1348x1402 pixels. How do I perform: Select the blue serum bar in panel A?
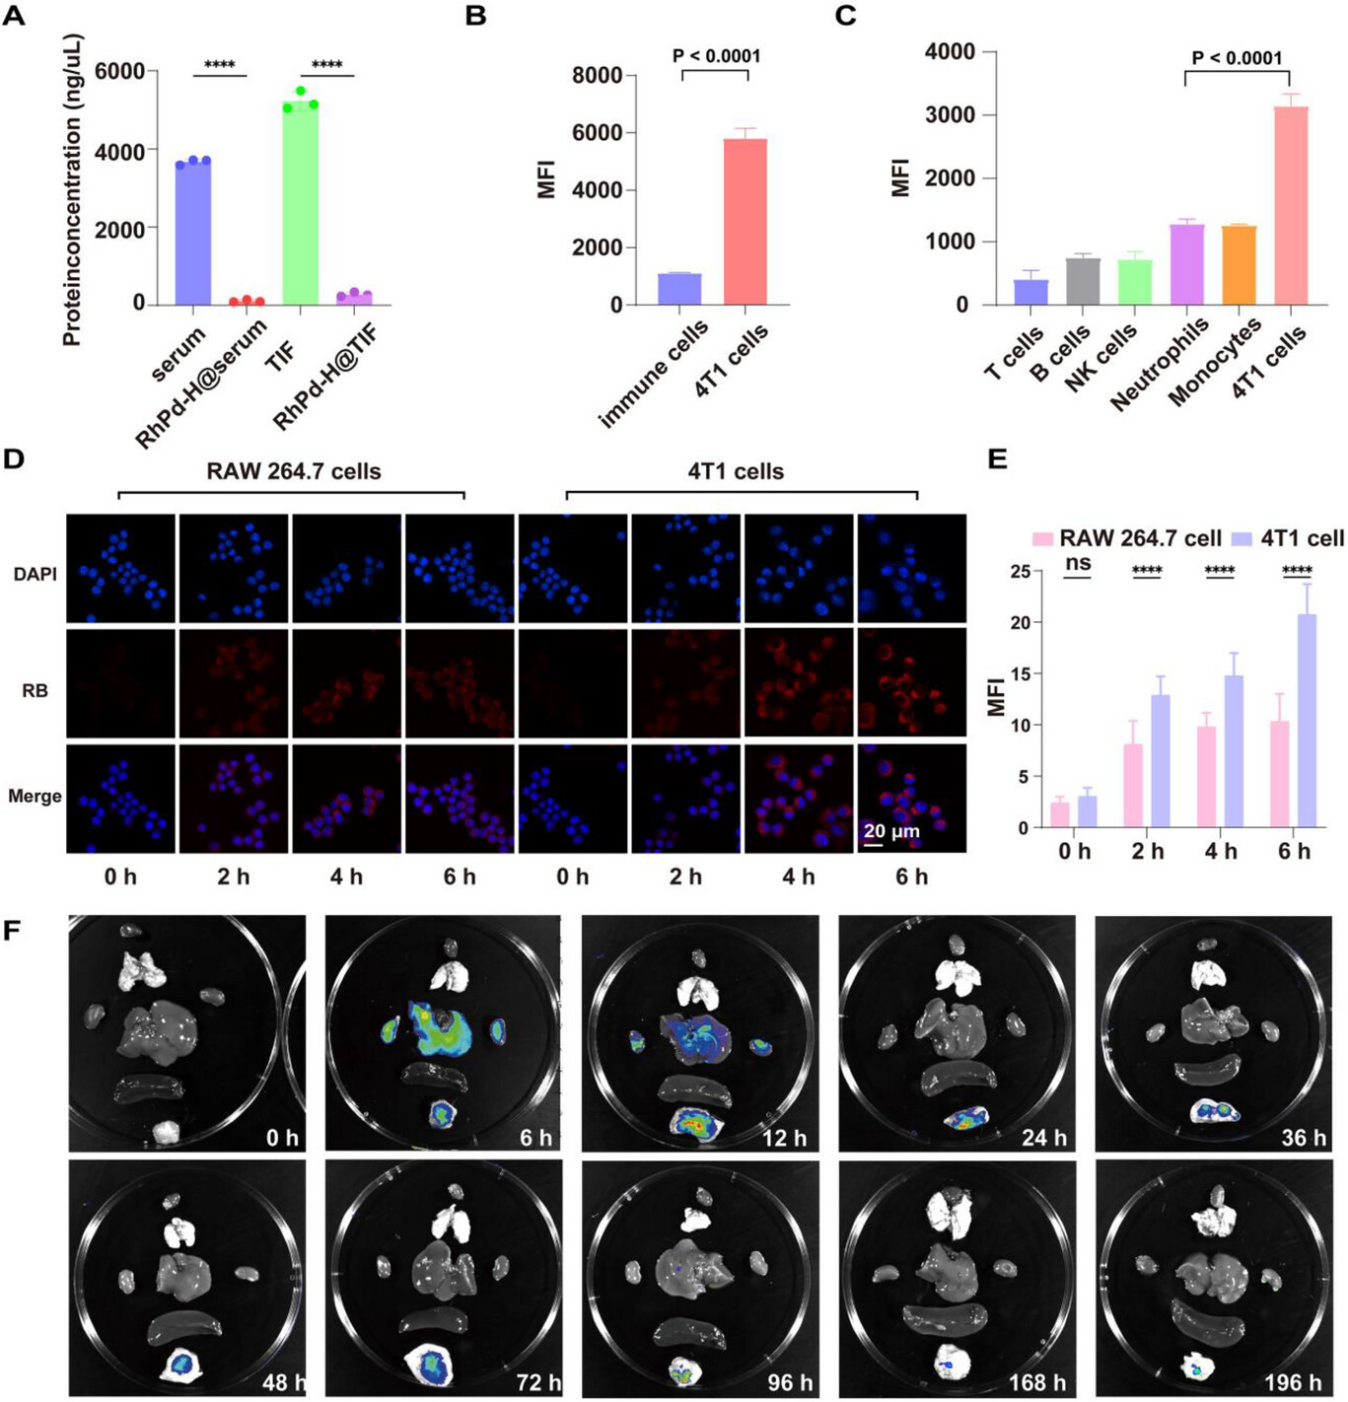[193, 233]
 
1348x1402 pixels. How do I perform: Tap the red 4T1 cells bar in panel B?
[745, 222]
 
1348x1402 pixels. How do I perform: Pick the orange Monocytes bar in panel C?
[1239, 265]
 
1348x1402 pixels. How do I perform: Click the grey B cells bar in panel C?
[1082, 281]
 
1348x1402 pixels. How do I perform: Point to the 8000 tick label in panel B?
[597, 76]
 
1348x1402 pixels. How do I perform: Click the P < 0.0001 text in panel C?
[1237, 58]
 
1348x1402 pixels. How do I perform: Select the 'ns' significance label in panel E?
[1078, 563]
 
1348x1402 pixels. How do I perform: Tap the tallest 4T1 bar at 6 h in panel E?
[1307, 720]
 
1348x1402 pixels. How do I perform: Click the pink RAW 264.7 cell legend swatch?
[1042, 538]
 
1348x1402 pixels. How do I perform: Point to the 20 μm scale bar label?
[891, 830]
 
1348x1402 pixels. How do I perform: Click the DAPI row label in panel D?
[35, 574]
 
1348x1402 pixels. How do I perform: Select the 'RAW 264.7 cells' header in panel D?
[293, 471]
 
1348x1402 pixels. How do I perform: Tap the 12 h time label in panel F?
[784, 1138]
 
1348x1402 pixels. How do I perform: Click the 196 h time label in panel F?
[1292, 1383]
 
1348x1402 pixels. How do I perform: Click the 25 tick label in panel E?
[1020, 572]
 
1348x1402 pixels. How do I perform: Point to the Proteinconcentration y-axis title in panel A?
[71, 190]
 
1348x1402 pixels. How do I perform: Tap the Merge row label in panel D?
[35, 796]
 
